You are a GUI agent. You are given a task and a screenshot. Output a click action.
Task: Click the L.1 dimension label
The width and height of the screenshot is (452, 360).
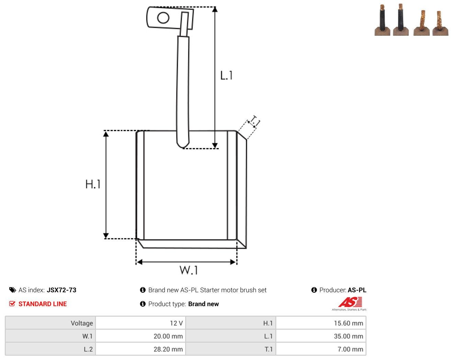[x=226, y=76]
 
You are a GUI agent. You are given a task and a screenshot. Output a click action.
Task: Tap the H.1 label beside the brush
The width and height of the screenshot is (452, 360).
[x=93, y=184]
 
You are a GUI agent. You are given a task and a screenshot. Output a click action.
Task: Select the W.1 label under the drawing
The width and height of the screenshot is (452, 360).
[x=189, y=270]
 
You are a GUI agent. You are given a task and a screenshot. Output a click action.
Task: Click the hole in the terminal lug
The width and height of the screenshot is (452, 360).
[x=163, y=18]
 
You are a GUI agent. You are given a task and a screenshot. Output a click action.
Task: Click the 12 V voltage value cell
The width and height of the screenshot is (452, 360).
[x=140, y=323]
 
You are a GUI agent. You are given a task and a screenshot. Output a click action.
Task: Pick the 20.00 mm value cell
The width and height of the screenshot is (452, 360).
[x=140, y=336]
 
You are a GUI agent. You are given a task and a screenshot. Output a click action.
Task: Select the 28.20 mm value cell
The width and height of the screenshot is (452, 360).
[x=140, y=349]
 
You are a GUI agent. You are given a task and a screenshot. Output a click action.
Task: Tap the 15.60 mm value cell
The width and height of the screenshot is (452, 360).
[x=321, y=323]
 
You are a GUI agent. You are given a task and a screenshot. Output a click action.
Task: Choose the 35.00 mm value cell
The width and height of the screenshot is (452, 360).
[x=321, y=336]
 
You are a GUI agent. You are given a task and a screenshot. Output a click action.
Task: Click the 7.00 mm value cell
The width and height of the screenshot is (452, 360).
[x=321, y=349]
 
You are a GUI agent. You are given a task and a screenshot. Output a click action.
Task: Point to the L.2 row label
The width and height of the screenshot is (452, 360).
[x=88, y=349]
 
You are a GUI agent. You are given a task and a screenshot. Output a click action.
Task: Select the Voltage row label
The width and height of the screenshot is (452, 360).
[x=82, y=323]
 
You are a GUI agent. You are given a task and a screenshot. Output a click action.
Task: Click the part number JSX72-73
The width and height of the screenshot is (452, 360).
[x=61, y=290]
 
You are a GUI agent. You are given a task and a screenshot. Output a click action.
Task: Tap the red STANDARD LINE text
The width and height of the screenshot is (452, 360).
[x=43, y=304]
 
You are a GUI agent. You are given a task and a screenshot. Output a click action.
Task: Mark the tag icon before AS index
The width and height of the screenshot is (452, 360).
[x=13, y=290]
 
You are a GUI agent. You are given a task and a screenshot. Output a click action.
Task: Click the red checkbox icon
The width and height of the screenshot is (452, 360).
[x=12, y=304]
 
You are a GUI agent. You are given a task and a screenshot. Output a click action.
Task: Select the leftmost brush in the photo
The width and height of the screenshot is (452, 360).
[x=382, y=21]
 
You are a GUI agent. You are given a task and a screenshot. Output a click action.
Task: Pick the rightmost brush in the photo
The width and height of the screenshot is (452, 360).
[x=440, y=23]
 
